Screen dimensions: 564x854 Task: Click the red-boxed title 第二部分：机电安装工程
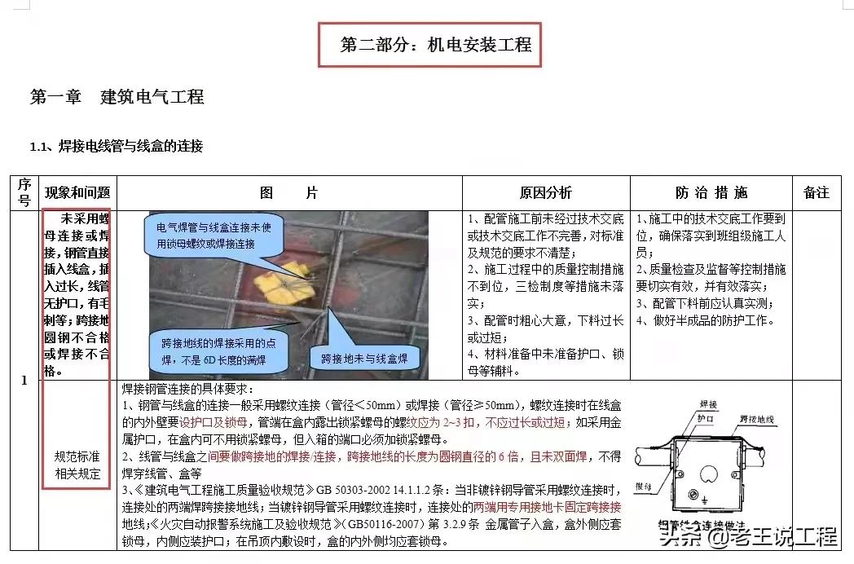(429, 44)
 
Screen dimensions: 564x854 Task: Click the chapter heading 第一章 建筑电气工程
(117, 97)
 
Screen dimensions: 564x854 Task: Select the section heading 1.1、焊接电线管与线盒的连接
(117, 147)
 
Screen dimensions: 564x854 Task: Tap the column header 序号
(24, 192)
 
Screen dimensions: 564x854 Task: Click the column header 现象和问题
(77, 193)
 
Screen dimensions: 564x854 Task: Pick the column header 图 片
(288, 193)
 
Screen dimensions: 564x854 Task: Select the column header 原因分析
(546, 193)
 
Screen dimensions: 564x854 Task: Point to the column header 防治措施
(711, 193)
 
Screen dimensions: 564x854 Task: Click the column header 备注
(816, 193)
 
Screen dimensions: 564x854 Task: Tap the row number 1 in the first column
(24, 380)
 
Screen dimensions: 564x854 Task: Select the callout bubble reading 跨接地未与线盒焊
(364, 358)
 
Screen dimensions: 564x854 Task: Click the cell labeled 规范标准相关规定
(77, 465)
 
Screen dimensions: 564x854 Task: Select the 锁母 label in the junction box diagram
(644, 488)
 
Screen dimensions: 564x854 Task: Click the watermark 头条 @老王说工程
(748, 537)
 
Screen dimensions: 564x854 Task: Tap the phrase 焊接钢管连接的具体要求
(187, 389)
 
